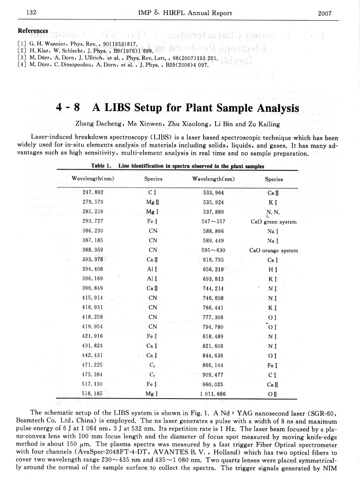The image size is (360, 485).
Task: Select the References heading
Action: pos(33,31)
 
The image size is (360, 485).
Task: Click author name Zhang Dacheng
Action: pos(96,124)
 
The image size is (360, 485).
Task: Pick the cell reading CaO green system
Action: pos(274,222)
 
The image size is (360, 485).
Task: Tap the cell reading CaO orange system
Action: pos(274,250)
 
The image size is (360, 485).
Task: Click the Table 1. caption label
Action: pos(102,166)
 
